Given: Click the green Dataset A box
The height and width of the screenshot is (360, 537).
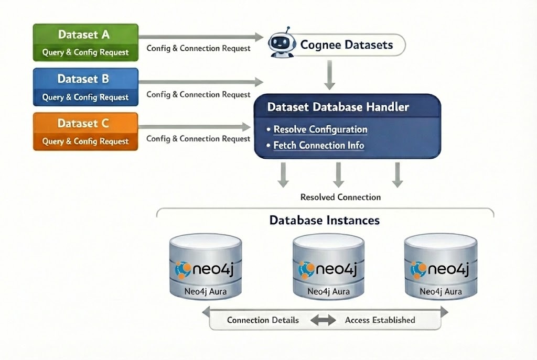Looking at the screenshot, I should click(x=85, y=42).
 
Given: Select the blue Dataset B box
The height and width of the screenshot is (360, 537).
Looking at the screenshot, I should click(x=85, y=87).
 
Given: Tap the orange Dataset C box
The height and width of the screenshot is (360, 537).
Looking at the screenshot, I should click(x=85, y=132).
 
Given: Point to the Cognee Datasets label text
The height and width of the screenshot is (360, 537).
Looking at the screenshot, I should click(x=346, y=45).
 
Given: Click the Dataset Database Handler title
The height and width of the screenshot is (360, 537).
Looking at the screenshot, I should click(x=338, y=107).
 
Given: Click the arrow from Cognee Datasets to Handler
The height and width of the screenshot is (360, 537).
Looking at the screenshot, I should click(x=329, y=74).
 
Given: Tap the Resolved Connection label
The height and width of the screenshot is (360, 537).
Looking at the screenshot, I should click(x=340, y=198).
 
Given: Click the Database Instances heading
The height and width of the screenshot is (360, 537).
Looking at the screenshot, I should click(x=324, y=220).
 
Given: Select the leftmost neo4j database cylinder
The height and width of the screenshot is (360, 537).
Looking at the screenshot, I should click(x=206, y=267).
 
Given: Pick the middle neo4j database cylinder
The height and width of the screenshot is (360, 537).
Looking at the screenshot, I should click(x=328, y=267).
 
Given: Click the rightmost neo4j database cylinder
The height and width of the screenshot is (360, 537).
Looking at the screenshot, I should click(x=441, y=267).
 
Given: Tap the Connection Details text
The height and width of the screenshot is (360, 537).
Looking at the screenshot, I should click(x=263, y=320).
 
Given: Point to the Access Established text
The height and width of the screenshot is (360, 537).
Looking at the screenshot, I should click(x=380, y=320).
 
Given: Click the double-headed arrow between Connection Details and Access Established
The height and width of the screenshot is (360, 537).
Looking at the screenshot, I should click(x=323, y=320).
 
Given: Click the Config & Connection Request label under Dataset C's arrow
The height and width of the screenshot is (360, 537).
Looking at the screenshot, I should click(x=198, y=139).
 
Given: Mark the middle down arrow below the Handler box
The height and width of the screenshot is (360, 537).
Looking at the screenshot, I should click(x=339, y=174).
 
